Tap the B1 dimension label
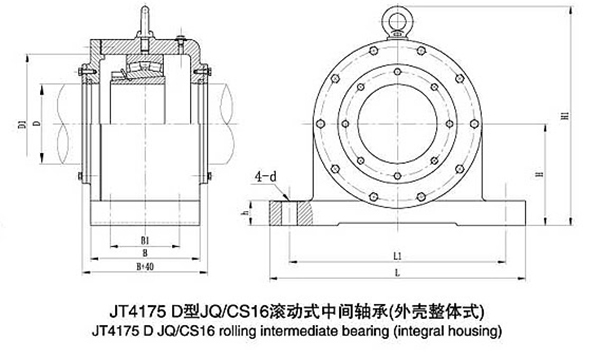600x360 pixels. [x=145, y=240]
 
